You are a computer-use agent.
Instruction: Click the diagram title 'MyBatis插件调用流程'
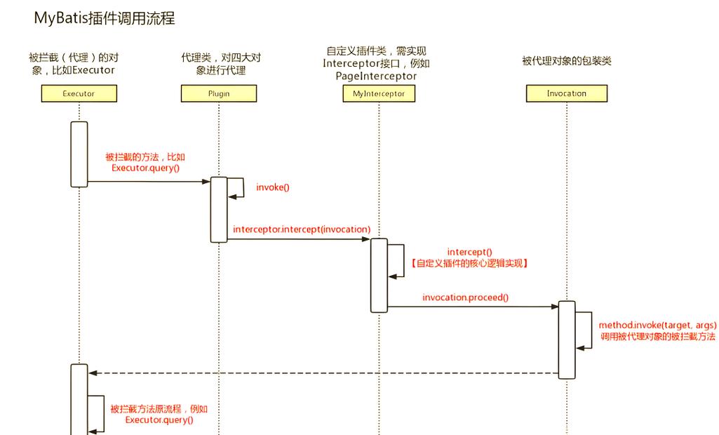[105, 19]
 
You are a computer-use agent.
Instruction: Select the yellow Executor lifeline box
[79, 93]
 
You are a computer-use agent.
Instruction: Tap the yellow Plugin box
[219, 93]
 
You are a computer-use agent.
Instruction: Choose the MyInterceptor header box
[379, 93]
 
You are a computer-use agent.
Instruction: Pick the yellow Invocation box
[566, 93]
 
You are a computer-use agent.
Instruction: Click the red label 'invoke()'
[273, 187]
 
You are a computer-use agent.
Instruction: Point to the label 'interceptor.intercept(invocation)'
[302, 229]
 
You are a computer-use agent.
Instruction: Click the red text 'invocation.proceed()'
[465, 297]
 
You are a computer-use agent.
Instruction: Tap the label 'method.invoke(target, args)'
[657, 326]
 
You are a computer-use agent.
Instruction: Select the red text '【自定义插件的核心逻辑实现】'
[470, 263]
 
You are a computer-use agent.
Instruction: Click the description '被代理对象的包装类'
[566, 61]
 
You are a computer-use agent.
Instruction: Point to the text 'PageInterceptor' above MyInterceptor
[376, 76]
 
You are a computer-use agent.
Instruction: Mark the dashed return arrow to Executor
[323, 373]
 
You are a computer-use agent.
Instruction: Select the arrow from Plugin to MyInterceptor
[299, 239]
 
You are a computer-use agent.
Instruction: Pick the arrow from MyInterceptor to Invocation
[473, 307]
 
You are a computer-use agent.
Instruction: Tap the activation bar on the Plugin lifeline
[219, 209]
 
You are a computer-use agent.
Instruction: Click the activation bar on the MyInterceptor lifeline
[379, 275]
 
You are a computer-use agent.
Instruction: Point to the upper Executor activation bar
[79, 154]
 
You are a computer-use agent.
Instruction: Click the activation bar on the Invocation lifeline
[567, 340]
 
